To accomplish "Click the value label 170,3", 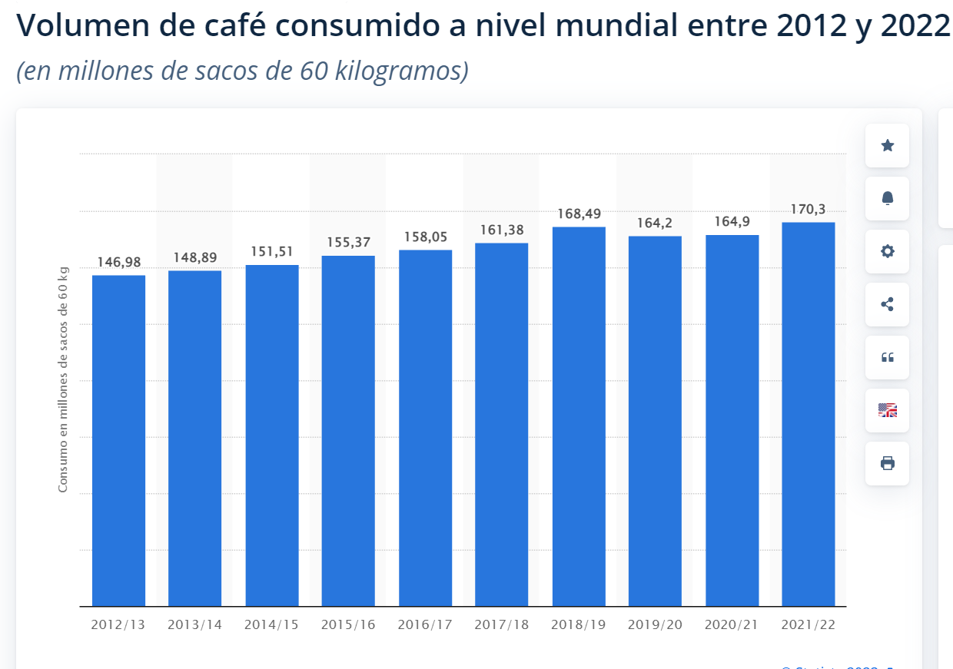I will (808, 209).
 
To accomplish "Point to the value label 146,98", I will (118, 262).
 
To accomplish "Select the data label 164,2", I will (655, 223).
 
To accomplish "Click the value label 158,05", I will (425, 237).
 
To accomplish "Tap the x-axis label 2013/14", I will (194, 624).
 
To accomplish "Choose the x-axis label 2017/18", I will (501, 624).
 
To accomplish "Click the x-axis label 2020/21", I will (732, 624).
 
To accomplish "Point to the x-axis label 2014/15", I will (271, 624).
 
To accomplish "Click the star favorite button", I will (887, 145).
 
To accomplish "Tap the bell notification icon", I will (887, 198).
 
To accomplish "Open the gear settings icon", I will (887, 251).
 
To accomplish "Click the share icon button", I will (887, 304).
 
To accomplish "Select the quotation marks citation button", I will (887, 357).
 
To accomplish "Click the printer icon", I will (887, 463).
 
